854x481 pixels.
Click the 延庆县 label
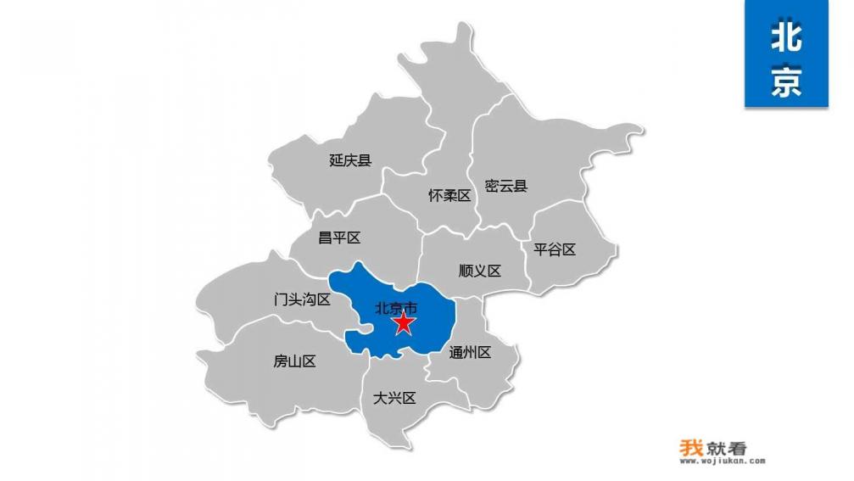[350, 159]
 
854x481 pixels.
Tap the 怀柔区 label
[449, 195]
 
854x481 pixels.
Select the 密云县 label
[506, 185]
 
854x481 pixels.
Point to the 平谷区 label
[555, 249]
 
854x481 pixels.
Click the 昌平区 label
[339, 238]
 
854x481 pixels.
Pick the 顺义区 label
[480, 271]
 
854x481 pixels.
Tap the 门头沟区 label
[302, 299]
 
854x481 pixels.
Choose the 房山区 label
[294, 361]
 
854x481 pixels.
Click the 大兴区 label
[394, 398]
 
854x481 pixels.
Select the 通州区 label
[470, 352]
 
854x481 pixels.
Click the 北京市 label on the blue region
[396, 308]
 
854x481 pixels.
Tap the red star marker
[404, 323]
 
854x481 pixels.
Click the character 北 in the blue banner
[786, 37]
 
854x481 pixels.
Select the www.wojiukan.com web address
[722, 462]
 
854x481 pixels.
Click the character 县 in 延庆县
[365, 159]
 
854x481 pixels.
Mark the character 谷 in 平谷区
[555, 249]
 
